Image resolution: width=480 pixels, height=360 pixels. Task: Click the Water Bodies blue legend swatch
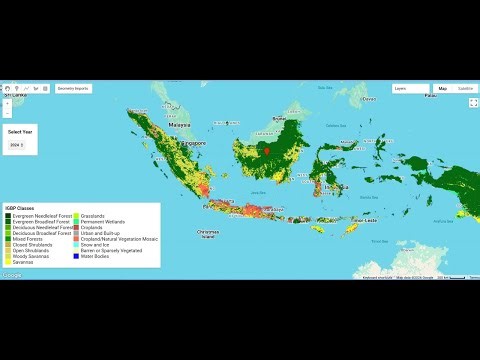pyautogui.click(x=85, y=257)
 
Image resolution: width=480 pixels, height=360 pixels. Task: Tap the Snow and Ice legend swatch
pyautogui.click(x=85, y=243)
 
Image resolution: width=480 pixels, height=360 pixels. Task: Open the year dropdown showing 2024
pyautogui.click(x=16, y=145)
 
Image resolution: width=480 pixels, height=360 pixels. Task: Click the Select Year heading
pyautogui.click(x=20, y=131)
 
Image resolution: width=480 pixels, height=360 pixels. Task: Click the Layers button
pyautogui.click(x=404, y=89)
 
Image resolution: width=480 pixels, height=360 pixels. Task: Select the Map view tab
pyautogui.click(x=442, y=89)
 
